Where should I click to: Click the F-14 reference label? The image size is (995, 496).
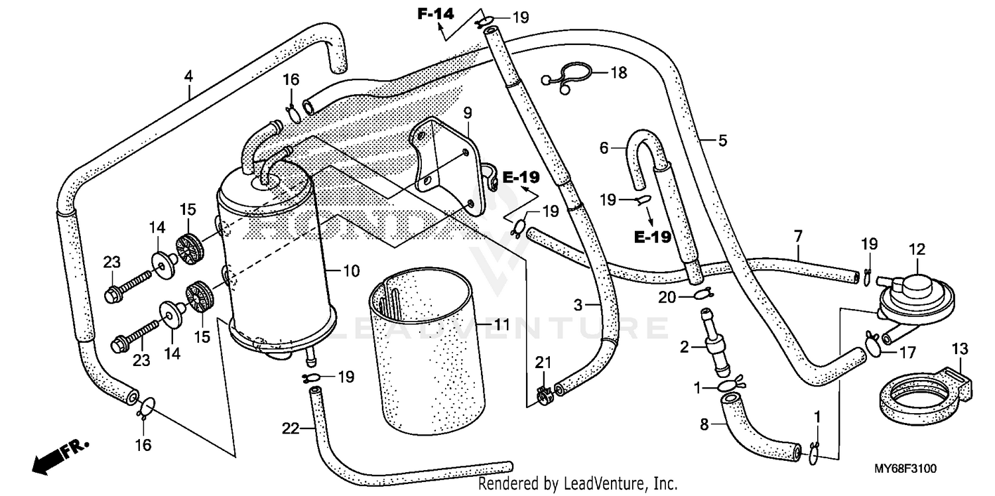pyautogui.click(x=435, y=13)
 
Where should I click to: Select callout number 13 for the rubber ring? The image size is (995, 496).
pyautogui.click(x=960, y=349)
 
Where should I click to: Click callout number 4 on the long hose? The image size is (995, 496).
pyautogui.click(x=189, y=77)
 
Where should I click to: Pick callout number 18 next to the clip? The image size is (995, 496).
pyautogui.click(x=618, y=73)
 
